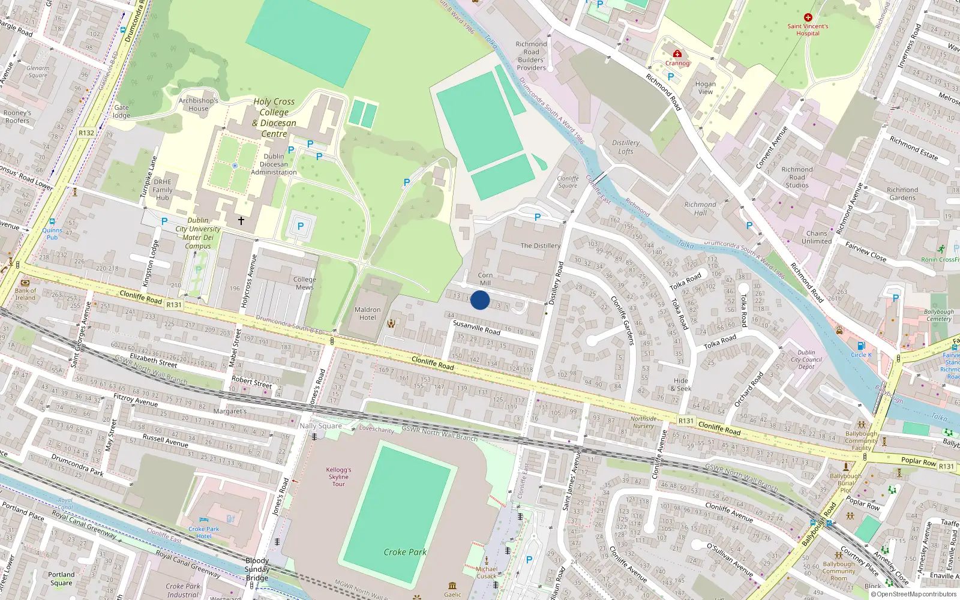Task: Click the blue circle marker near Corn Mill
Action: pyautogui.click(x=480, y=300)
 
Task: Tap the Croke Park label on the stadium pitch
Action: pyautogui.click(x=405, y=552)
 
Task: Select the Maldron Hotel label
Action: pyautogui.click(x=368, y=314)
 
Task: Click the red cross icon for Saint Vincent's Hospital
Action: pyautogui.click(x=808, y=17)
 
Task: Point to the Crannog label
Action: pyautogui.click(x=677, y=63)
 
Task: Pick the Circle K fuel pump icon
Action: pyautogui.click(x=861, y=346)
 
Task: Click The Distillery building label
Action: pyautogui.click(x=540, y=245)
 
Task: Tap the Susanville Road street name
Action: pyautogui.click(x=476, y=327)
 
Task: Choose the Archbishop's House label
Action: pyautogui.click(x=198, y=104)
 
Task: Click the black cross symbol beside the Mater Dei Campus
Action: pyautogui.click(x=241, y=221)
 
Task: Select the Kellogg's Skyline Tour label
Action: pyautogui.click(x=338, y=477)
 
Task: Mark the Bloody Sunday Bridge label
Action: pyautogui.click(x=257, y=569)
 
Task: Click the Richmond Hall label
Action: pyautogui.click(x=700, y=208)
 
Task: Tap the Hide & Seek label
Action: pyautogui.click(x=681, y=385)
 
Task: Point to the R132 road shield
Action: pyautogui.click(x=86, y=133)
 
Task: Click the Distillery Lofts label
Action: pyautogui.click(x=626, y=147)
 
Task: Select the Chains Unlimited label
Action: pyautogui.click(x=817, y=237)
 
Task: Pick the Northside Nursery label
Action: pyautogui.click(x=643, y=422)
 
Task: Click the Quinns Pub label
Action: pyautogui.click(x=52, y=233)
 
